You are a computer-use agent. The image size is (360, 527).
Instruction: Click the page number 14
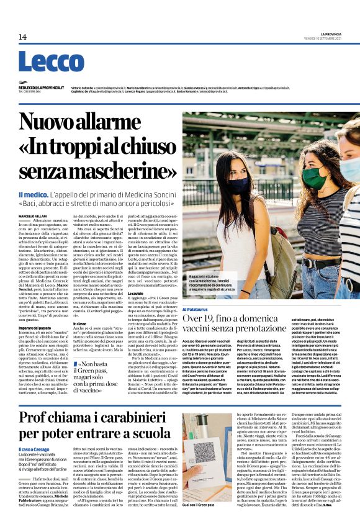pos(22,37)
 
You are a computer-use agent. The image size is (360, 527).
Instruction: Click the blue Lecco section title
pos(50,63)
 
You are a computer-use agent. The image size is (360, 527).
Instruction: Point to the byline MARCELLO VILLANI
pos(32,215)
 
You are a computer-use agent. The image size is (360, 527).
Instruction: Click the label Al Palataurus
pos(195,309)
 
